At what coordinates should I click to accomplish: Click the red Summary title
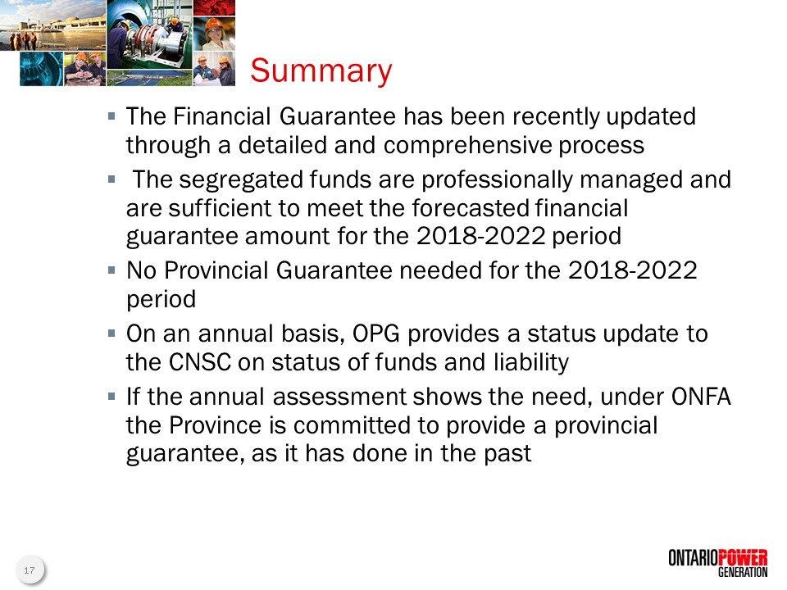(321, 70)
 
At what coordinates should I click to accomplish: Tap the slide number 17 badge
(30, 570)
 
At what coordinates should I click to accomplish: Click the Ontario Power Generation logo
(718, 563)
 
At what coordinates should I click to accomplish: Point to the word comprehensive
(467, 146)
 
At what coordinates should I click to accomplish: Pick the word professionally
(497, 180)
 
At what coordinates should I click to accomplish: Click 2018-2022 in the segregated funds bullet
(481, 236)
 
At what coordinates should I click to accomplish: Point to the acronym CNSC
(200, 362)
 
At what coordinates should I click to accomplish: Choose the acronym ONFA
(701, 397)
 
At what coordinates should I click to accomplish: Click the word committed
(366, 425)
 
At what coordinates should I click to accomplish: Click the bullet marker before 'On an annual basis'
(111, 334)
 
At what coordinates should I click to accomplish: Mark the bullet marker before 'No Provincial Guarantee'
(111, 270)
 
